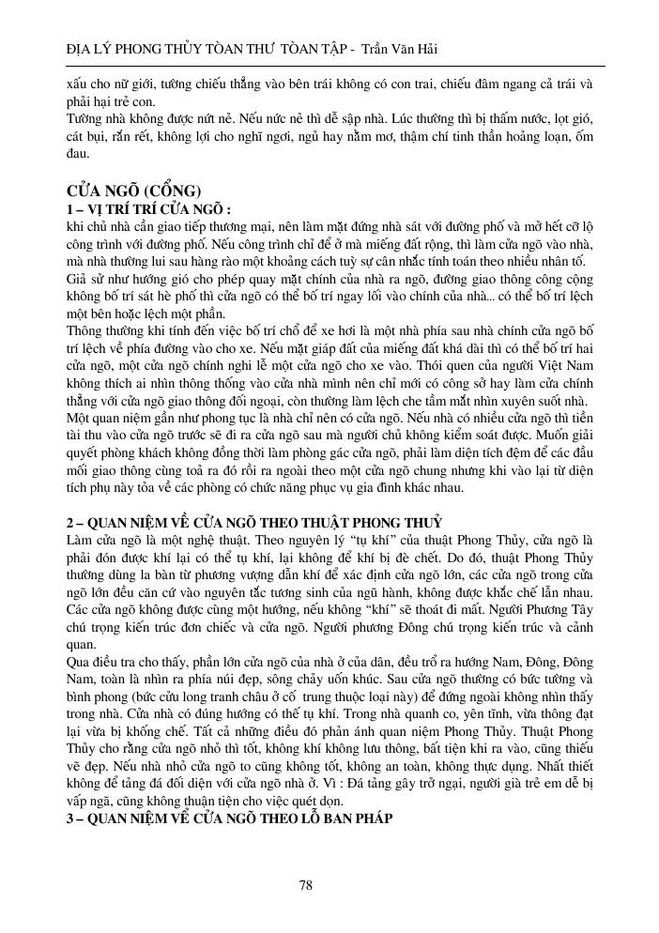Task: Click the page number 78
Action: pos(305,884)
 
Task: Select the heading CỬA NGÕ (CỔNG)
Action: pos(129,191)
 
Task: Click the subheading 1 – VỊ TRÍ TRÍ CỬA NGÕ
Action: pos(147,208)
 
